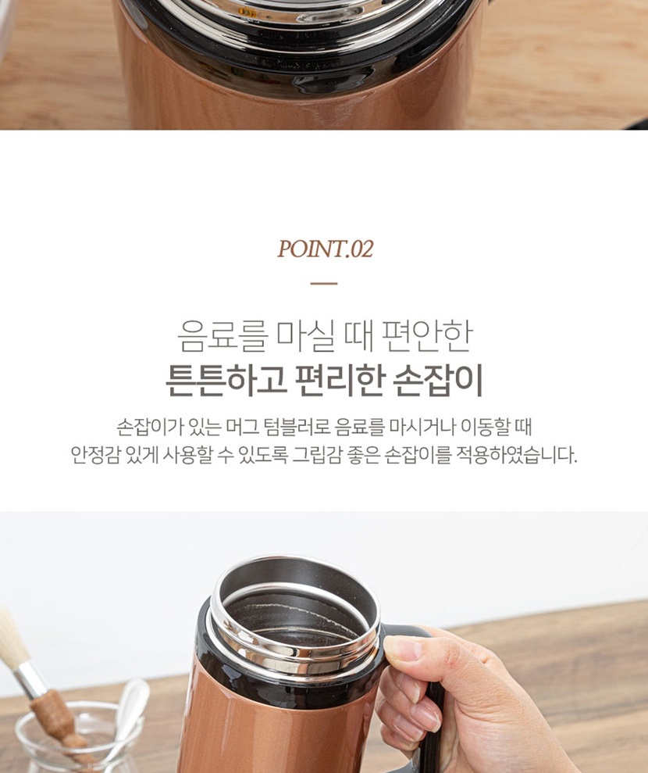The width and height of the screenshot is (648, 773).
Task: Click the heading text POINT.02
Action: coord(325,249)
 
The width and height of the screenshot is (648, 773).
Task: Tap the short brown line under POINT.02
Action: coord(324,284)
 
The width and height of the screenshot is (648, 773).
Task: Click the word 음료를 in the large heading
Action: coord(223,336)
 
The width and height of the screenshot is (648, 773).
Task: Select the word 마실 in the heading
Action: coord(306,336)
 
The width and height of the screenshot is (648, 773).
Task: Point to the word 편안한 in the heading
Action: coord(427,336)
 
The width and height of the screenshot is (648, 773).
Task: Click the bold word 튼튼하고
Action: coord(226,381)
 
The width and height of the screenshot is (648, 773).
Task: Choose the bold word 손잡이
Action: coord(439,381)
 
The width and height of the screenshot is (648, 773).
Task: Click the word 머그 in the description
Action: coord(241,427)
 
